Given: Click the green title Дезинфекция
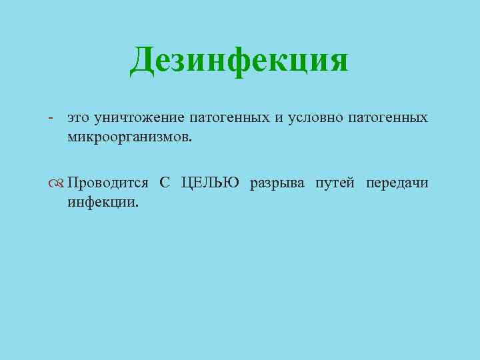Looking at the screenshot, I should point(239,61).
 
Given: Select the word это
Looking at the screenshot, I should point(79,119).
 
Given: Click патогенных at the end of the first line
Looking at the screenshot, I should point(388,119).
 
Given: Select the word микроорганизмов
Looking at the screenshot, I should point(127,137).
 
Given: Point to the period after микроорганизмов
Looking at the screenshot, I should point(189,140).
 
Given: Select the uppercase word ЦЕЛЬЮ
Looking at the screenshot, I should point(210,183).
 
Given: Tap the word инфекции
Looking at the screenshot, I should point(101,202).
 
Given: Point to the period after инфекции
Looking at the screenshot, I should point(137,205).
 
